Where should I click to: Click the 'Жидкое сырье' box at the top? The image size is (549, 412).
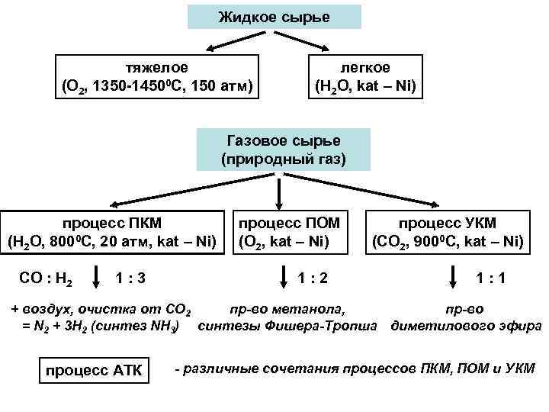[x=274, y=17]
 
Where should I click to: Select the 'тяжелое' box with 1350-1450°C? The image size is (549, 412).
[x=156, y=76]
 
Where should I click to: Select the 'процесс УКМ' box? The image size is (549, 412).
[x=448, y=233]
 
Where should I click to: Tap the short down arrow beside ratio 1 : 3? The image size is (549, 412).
[x=97, y=277]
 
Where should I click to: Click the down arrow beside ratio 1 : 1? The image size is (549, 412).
[x=454, y=277]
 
